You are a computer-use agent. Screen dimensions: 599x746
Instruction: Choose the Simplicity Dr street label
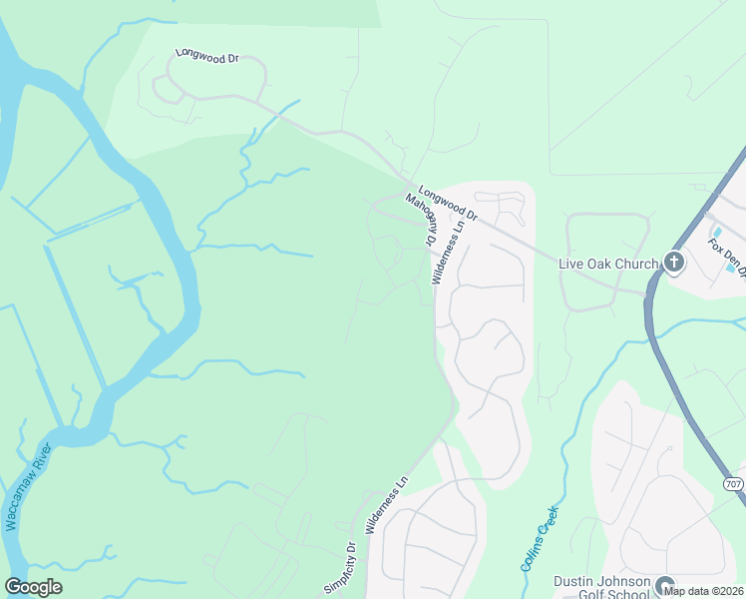[339, 566]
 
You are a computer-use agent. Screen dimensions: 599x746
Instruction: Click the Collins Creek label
[539, 539]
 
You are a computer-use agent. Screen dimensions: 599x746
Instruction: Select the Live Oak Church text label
[608, 263]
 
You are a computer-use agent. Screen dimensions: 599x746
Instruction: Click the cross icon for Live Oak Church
[674, 264]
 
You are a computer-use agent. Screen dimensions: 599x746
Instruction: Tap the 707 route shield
[733, 483]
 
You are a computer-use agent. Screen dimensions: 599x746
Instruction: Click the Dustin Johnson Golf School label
[602, 589]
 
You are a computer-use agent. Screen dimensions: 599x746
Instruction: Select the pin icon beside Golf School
[665, 587]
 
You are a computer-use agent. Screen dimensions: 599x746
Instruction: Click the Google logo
[34, 587]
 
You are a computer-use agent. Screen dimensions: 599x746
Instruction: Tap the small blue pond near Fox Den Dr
[732, 268]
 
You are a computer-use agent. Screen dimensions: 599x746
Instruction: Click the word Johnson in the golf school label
[624, 582]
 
